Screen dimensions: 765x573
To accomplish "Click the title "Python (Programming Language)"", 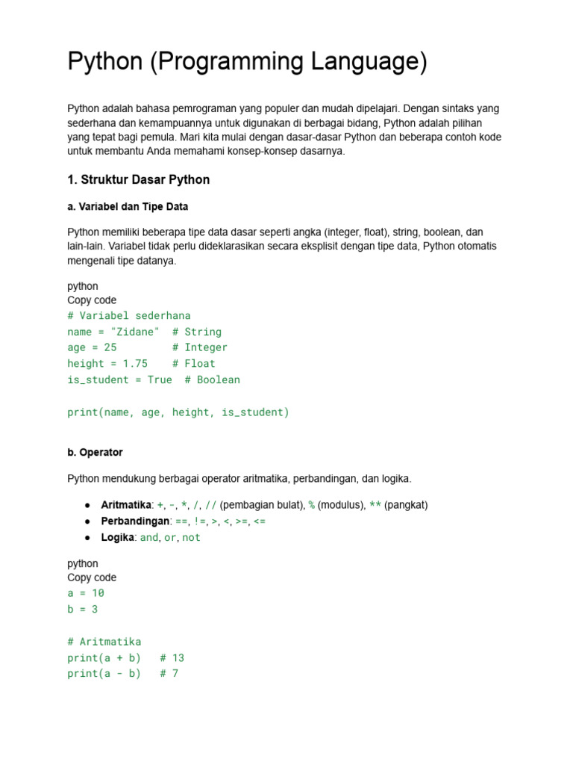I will coord(247,62).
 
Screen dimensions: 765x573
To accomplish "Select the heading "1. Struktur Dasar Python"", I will coord(138,179).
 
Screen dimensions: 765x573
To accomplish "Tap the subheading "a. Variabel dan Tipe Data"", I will coord(133,205).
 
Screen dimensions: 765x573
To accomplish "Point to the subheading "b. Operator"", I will coord(95,452).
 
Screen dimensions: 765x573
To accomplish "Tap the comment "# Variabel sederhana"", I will coord(128,315).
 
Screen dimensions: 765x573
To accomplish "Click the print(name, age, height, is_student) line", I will coord(178,412).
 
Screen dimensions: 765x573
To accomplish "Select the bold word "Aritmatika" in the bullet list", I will coord(126,505).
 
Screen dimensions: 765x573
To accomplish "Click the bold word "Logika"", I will coord(118,537).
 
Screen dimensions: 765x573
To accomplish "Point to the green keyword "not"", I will coord(191,538).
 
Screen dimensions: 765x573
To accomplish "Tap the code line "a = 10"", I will coord(86,593).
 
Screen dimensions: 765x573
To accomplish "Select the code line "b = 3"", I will coord(82,610).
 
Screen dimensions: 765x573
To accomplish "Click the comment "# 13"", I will coord(172,658).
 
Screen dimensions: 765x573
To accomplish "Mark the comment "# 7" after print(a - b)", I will coord(169,674).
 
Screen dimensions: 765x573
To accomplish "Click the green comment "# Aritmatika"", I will coord(104,642).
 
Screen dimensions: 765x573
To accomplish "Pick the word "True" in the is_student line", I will coord(160,380).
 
